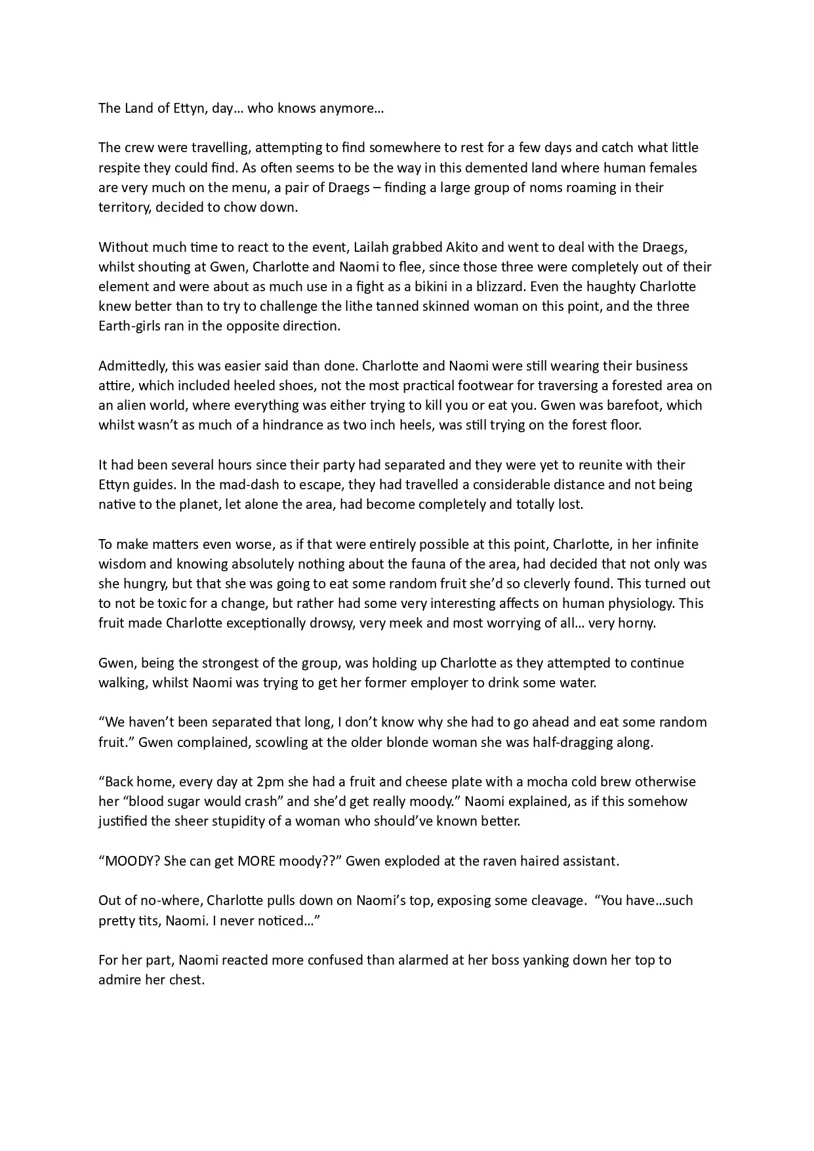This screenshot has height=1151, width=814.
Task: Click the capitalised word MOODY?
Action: (129, 861)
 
